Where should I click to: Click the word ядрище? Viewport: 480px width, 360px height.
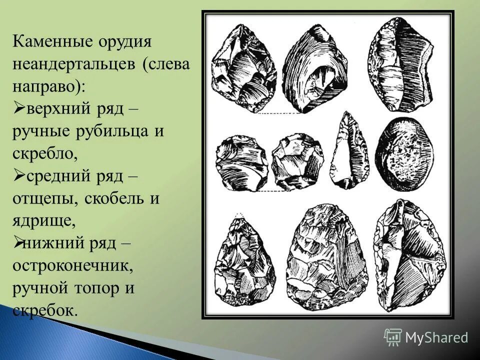44,221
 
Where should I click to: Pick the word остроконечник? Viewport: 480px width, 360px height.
73,265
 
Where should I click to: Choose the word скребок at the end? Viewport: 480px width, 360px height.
45,310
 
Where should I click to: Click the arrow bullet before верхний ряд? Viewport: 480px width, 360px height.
18,108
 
